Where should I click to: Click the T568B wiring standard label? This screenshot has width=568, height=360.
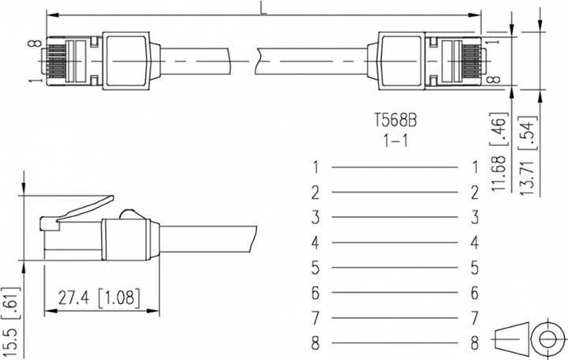[x=395, y=120]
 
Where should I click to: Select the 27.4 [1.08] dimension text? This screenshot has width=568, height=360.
[x=99, y=298]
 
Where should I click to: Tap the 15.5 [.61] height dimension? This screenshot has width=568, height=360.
[x=10, y=321]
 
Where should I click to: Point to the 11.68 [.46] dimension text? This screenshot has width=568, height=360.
[x=499, y=152]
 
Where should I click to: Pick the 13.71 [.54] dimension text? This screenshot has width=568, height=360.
[x=527, y=156]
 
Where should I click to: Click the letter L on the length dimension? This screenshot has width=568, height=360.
[x=263, y=9]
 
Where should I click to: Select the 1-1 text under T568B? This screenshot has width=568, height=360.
[x=396, y=141]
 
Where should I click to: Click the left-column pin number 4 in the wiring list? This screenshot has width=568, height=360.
[x=315, y=242]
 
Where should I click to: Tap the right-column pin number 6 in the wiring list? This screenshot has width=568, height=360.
[x=475, y=293]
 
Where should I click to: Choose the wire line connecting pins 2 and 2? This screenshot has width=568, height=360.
[x=395, y=193]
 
